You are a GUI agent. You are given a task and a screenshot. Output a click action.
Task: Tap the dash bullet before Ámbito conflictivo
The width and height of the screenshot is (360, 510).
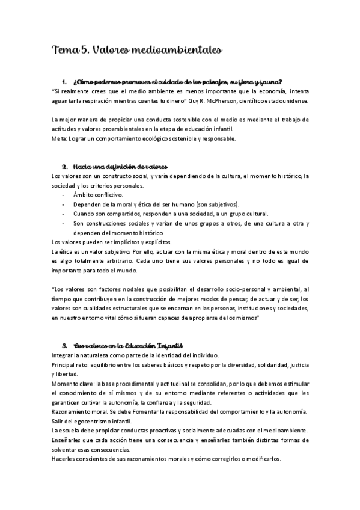64,195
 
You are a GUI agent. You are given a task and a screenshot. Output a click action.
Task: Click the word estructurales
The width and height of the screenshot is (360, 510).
136,308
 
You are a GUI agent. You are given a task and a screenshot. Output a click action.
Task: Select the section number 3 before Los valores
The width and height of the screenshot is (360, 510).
64,345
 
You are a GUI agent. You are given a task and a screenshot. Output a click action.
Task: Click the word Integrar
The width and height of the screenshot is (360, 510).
63,355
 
